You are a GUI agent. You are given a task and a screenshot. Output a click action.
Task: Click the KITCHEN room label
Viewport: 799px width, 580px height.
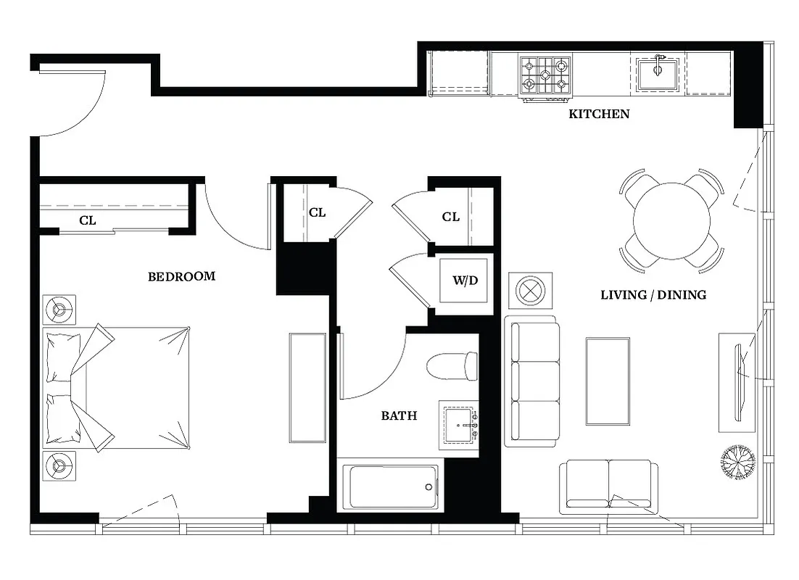pyautogui.click(x=598, y=114)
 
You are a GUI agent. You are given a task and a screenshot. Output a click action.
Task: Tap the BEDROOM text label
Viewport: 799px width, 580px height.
pyautogui.click(x=181, y=276)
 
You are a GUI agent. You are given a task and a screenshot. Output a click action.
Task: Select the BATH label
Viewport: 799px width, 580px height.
pyautogui.click(x=399, y=415)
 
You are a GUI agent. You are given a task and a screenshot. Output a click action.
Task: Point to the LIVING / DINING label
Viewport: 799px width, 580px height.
pyautogui.click(x=653, y=295)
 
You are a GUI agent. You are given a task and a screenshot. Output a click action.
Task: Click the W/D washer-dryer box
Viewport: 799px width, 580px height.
pyautogui.click(x=465, y=281)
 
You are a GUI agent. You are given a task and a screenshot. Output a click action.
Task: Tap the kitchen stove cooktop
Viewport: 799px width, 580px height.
pyautogui.click(x=545, y=75)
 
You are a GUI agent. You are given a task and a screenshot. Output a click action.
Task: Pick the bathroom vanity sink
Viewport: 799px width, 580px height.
pyautogui.click(x=459, y=428)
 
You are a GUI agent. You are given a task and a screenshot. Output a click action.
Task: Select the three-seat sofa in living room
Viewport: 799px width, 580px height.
pyautogui.click(x=533, y=381)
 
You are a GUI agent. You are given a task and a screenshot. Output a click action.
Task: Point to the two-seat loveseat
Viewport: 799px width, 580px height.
pyautogui.click(x=608, y=486)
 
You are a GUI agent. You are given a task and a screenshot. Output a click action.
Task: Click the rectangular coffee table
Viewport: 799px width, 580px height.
pyautogui.click(x=608, y=381)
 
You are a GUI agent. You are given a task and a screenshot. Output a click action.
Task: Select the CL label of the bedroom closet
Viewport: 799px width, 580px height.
pyautogui.click(x=87, y=220)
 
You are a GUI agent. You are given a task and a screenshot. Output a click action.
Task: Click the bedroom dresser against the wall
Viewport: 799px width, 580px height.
pyautogui.click(x=307, y=387)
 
